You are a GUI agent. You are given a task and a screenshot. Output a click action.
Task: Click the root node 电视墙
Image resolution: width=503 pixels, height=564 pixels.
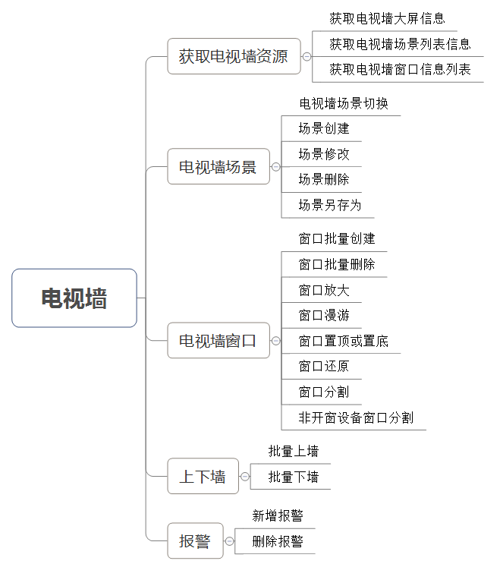point(74,298)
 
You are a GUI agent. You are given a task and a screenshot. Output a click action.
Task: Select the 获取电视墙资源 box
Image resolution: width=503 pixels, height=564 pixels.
point(234,56)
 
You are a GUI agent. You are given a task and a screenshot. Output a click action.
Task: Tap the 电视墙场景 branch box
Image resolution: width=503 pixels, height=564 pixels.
point(218,166)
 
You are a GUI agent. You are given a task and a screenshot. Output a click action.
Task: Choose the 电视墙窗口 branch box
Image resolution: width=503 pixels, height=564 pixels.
point(218,340)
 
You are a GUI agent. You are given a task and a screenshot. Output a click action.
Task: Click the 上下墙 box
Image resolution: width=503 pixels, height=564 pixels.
point(203,476)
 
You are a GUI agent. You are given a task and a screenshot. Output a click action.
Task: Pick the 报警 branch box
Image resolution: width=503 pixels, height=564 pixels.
point(195,540)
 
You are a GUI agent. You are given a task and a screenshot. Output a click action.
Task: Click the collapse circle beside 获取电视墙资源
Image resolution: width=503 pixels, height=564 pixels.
point(307,56)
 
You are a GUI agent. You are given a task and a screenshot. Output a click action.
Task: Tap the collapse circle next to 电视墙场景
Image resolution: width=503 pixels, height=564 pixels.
point(275,166)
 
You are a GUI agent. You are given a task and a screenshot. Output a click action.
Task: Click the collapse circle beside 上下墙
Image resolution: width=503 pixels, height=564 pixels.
point(245,476)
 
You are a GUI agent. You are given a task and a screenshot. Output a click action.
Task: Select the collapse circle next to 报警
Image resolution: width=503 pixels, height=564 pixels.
point(229,541)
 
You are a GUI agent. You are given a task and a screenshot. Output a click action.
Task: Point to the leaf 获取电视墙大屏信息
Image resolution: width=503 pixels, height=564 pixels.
point(387,18)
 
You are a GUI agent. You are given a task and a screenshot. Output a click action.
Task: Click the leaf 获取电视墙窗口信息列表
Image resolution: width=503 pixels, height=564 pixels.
point(400,69)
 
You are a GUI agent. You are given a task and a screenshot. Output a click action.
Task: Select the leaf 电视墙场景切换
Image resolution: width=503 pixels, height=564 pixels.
point(344,103)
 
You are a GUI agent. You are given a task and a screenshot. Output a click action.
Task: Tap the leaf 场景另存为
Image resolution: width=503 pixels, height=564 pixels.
point(330,206)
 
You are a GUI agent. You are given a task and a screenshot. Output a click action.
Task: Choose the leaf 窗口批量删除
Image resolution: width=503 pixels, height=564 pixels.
point(337,264)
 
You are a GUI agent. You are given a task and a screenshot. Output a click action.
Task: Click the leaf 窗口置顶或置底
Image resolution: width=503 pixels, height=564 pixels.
point(344,341)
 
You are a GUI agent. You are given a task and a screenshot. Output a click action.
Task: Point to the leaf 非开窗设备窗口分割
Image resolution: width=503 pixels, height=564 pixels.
point(357,417)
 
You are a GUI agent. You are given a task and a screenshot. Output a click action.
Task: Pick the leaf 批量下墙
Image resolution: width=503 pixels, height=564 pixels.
point(294,477)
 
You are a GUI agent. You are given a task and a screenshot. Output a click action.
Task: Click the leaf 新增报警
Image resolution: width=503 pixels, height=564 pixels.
point(278,516)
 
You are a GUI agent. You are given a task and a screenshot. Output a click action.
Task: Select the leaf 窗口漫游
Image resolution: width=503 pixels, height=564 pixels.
point(324,316)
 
